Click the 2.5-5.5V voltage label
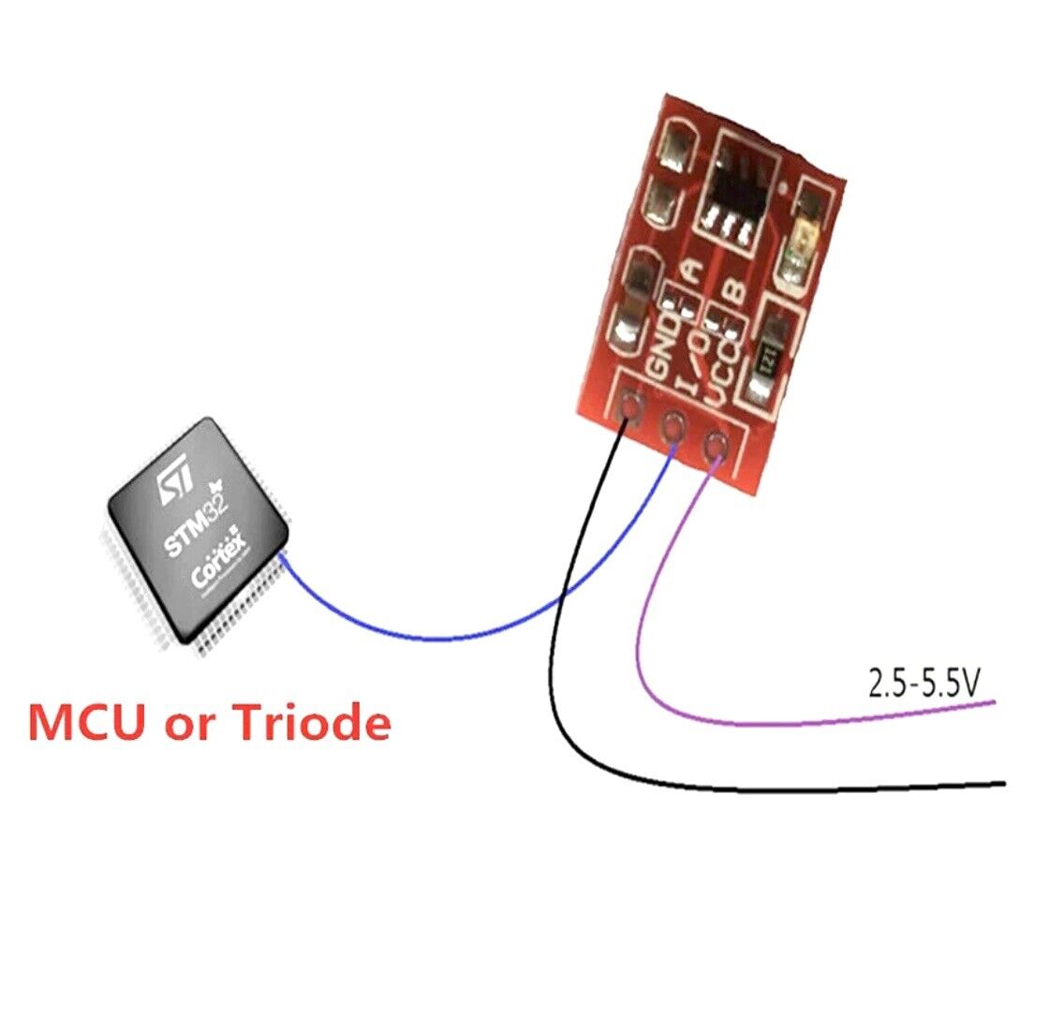point(923,685)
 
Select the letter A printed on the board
point(691,272)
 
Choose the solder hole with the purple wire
point(715,442)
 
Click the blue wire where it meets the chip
point(282,558)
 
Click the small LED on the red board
point(803,248)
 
